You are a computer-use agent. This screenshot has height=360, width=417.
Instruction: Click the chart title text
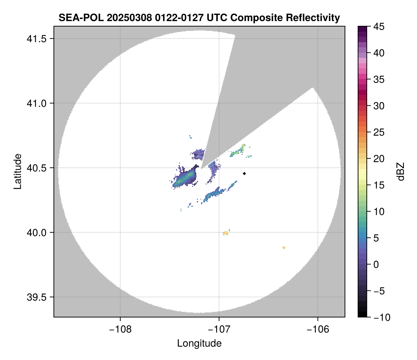[x=199, y=17]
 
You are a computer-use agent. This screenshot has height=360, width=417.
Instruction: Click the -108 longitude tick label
[x=120, y=329]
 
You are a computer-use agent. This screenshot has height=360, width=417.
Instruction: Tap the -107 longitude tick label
[x=219, y=329]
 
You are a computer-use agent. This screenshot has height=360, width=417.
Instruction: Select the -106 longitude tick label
[x=318, y=329]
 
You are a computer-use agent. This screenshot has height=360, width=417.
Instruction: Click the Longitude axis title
[x=199, y=343]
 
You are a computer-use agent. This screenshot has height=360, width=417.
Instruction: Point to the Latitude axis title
[x=17, y=171]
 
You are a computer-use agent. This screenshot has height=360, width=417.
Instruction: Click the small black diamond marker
[x=245, y=173]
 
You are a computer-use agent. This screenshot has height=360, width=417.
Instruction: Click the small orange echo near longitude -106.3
[x=284, y=248]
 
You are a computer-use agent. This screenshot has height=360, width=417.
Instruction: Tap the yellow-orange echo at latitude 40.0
[x=226, y=233]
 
